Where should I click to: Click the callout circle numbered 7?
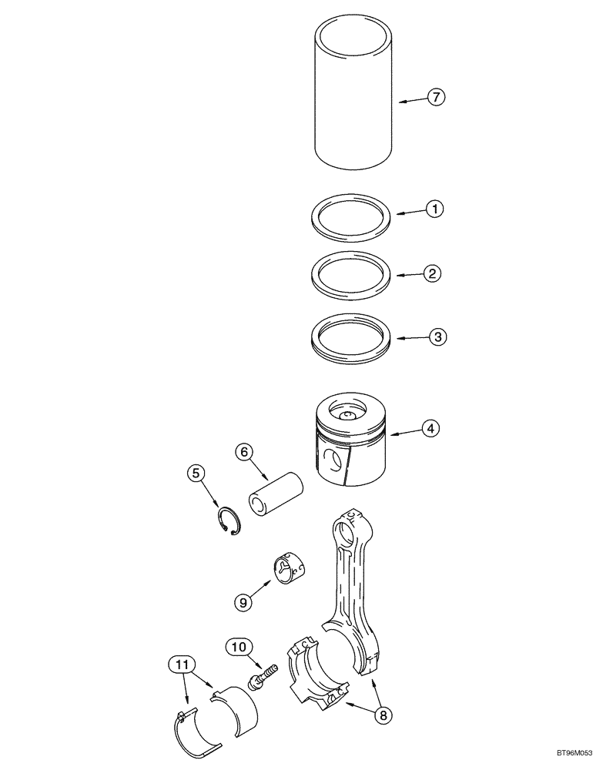point(435,98)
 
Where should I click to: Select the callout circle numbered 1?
point(435,209)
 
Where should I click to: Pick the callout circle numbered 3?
point(435,336)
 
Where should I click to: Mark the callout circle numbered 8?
point(381,715)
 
